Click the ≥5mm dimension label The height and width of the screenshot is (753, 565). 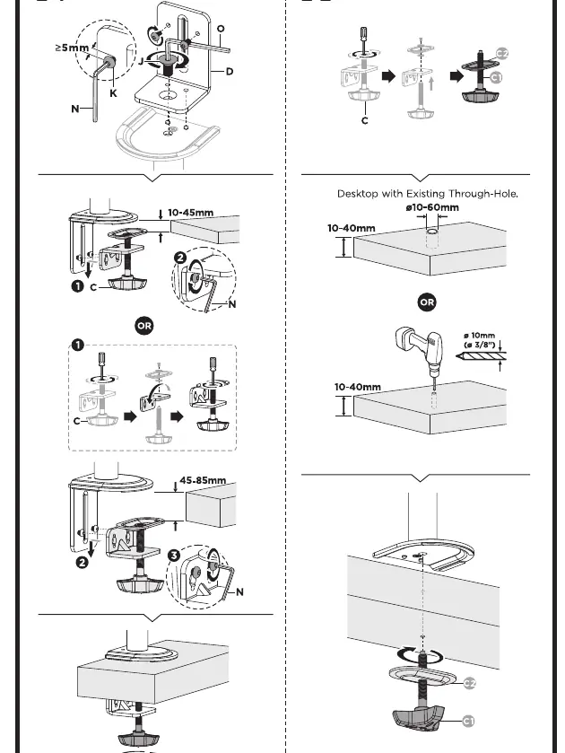[x=72, y=48]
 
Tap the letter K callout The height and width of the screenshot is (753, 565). [x=113, y=93]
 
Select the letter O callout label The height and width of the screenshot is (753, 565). [x=221, y=29]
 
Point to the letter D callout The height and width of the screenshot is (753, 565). [x=230, y=72]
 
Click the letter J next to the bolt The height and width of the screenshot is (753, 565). [x=141, y=61]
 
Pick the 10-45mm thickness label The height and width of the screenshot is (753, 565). [x=190, y=213]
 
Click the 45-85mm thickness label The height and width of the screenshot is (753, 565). [x=203, y=480]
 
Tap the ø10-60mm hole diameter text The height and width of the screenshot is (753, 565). [x=432, y=207]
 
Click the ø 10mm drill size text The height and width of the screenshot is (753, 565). [x=479, y=336]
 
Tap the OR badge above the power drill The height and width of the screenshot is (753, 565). [x=427, y=302]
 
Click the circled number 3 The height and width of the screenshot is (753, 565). [x=174, y=556]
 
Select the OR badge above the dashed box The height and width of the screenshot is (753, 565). [x=144, y=326]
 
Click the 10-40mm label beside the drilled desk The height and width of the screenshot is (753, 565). [x=358, y=387]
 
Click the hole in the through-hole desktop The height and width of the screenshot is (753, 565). [x=433, y=232]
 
